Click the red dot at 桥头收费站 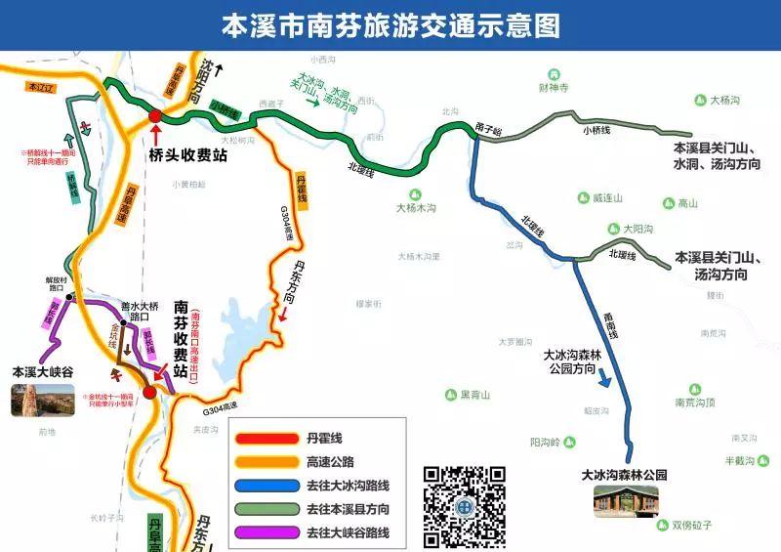(x=154, y=117)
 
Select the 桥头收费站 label (x=187, y=154)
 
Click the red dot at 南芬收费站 (x=148, y=393)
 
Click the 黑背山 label (x=469, y=395)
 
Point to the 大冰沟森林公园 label (x=624, y=474)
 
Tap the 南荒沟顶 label (x=695, y=402)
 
